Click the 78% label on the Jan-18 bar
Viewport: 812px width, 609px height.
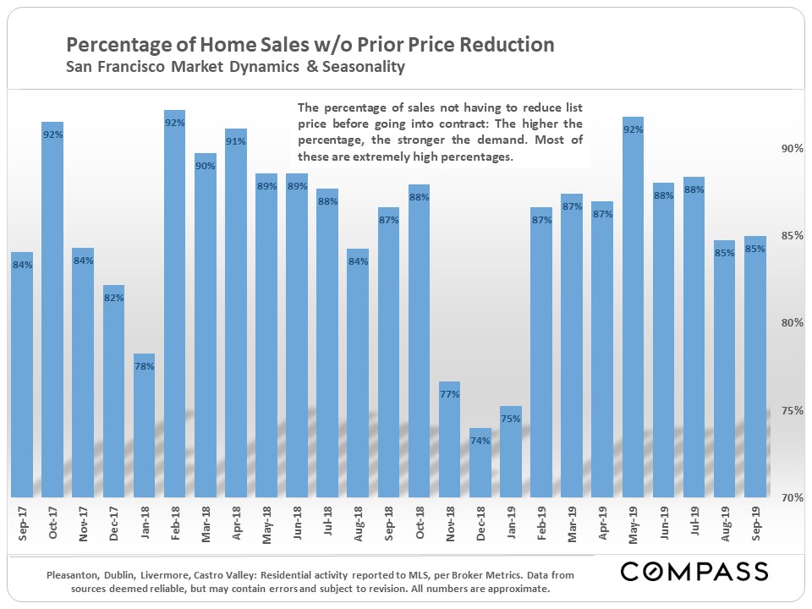coord(144,366)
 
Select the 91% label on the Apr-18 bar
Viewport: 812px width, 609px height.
coord(235,141)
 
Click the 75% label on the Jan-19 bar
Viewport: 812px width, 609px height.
coord(510,418)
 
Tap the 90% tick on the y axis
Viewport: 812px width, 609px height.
coord(790,149)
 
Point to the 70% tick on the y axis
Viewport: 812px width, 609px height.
coord(790,497)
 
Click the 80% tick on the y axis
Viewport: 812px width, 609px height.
coord(790,323)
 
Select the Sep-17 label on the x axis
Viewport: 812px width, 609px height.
coord(22,524)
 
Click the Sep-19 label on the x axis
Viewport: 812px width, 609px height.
coord(755,524)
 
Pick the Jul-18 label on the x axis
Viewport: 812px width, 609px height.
coord(327,524)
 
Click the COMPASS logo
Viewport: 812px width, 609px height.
coord(694,572)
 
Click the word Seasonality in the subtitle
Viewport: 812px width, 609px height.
coord(363,66)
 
